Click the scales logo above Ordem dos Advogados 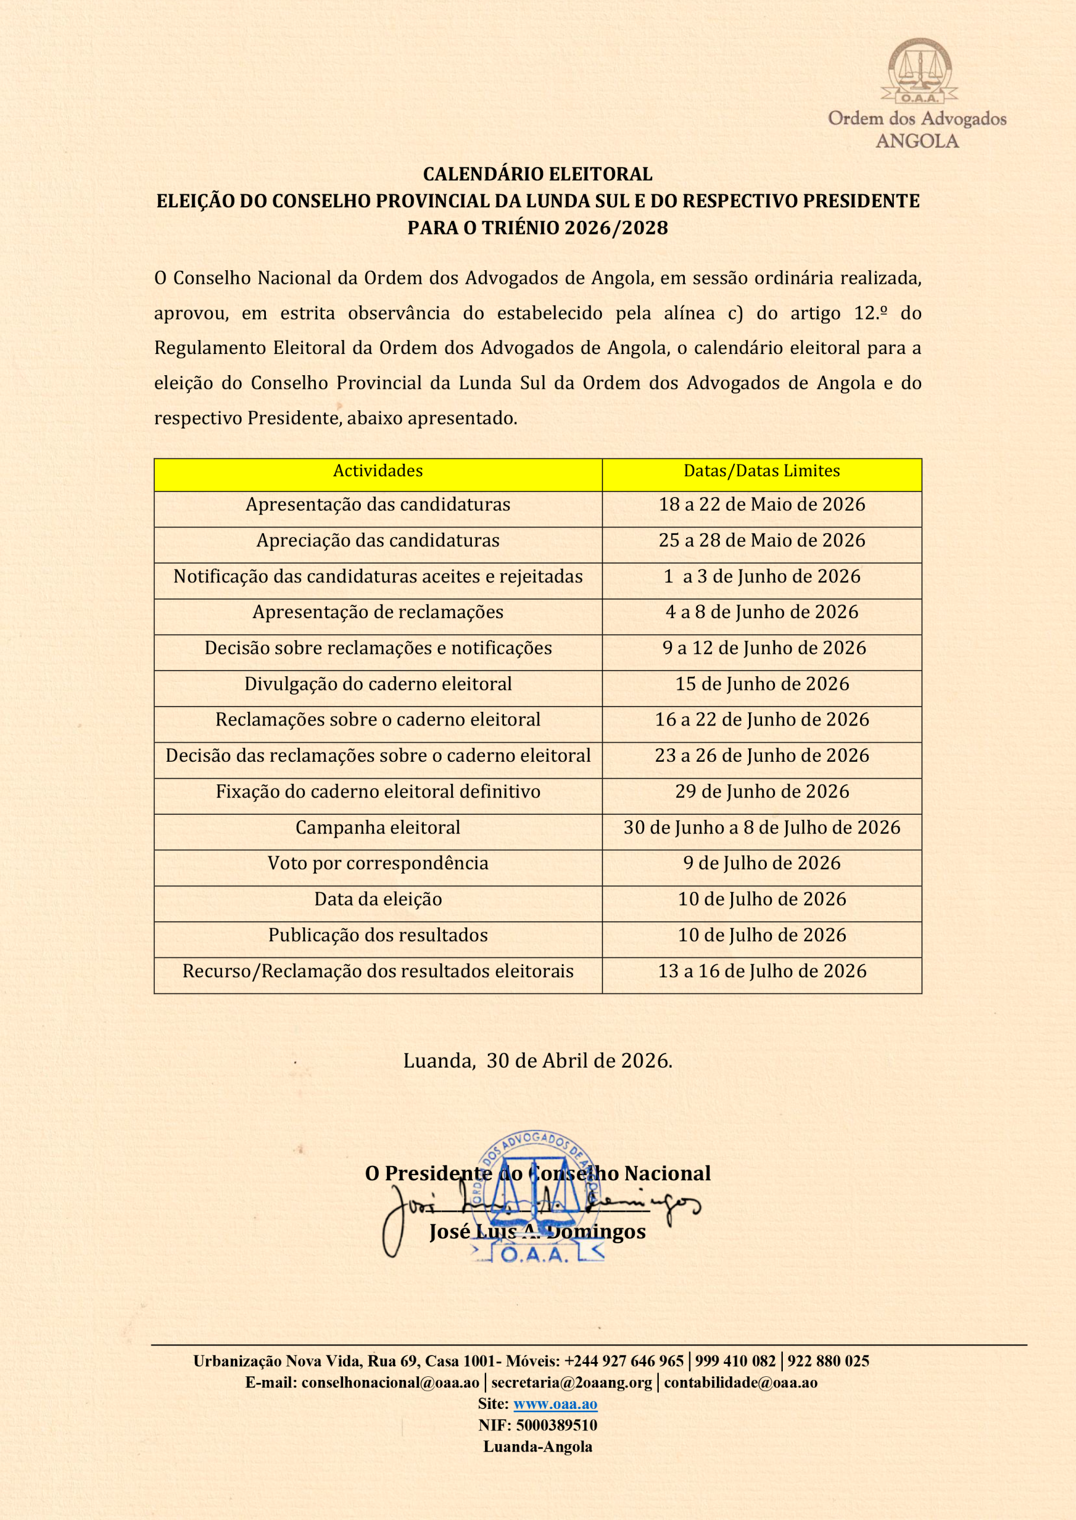pos(922,71)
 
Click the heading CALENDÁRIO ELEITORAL pos(537,175)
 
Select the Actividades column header pos(377,471)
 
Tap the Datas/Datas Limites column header pos(761,471)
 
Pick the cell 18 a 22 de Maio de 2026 pos(761,505)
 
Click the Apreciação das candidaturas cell pos(377,541)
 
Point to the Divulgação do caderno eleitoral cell pos(377,684)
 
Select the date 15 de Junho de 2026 pos(761,684)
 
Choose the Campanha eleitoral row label pos(377,828)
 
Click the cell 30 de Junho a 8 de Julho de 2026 pos(761,828)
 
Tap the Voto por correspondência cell pos(377,864)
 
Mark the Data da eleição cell pos(377,900)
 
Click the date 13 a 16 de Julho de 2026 pos(761,972)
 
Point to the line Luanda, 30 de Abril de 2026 pos(537,1061)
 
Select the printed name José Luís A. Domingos pos(537,1231)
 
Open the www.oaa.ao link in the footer pos(556,1404)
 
